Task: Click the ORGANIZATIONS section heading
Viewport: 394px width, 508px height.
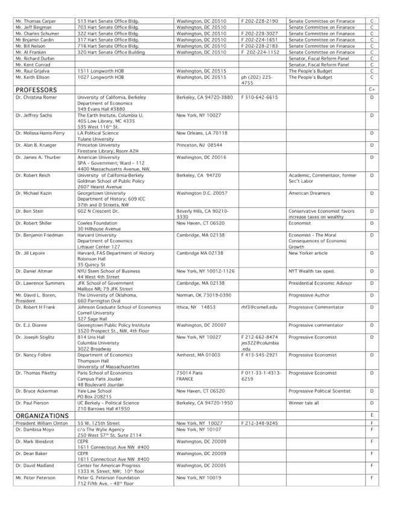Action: pyautogui.click(x=42, y=415)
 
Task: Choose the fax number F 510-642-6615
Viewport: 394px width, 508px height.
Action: pyautogui.click(x=259, y=97)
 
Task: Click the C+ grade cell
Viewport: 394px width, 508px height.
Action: pyautogui.click(x=372, y=90)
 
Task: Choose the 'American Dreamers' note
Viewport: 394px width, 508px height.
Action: pyautogui.click(x=308, y=193)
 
